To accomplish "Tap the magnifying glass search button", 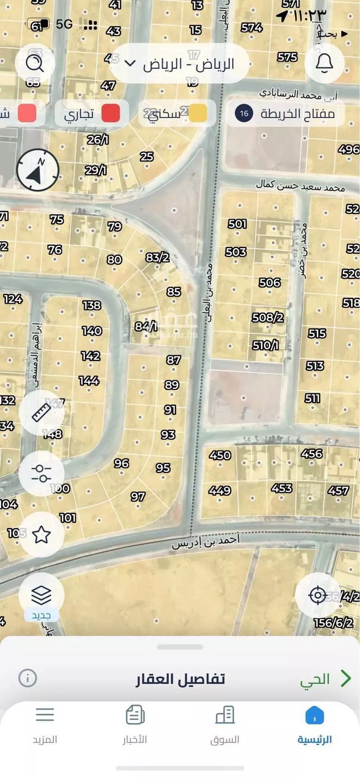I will point(35,63).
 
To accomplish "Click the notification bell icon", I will point(324,63).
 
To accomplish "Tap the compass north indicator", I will point(38,170).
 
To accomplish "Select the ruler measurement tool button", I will point(41,412).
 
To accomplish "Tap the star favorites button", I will point(41,535).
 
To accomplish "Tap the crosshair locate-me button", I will point(318,595).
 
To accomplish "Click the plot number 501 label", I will point(237,224).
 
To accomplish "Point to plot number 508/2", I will point(268,317).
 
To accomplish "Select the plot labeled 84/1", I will point(146,326).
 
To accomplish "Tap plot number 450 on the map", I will point(220,455).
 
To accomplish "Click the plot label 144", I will point(89,381).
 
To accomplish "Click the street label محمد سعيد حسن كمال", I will point(300,185).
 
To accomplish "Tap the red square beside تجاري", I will point(111,113).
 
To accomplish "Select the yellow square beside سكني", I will point(198,113).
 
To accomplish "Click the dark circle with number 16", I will point(244,113).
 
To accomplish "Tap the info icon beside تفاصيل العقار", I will point(27,678).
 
